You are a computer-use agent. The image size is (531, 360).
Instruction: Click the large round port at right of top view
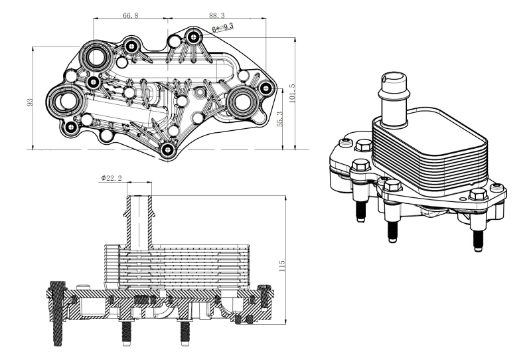click(x=244, y=101)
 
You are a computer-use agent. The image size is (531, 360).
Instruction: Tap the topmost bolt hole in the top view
click(x=193, y=36)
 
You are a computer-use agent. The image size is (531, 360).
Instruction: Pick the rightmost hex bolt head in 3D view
click(x=477, y=196)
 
